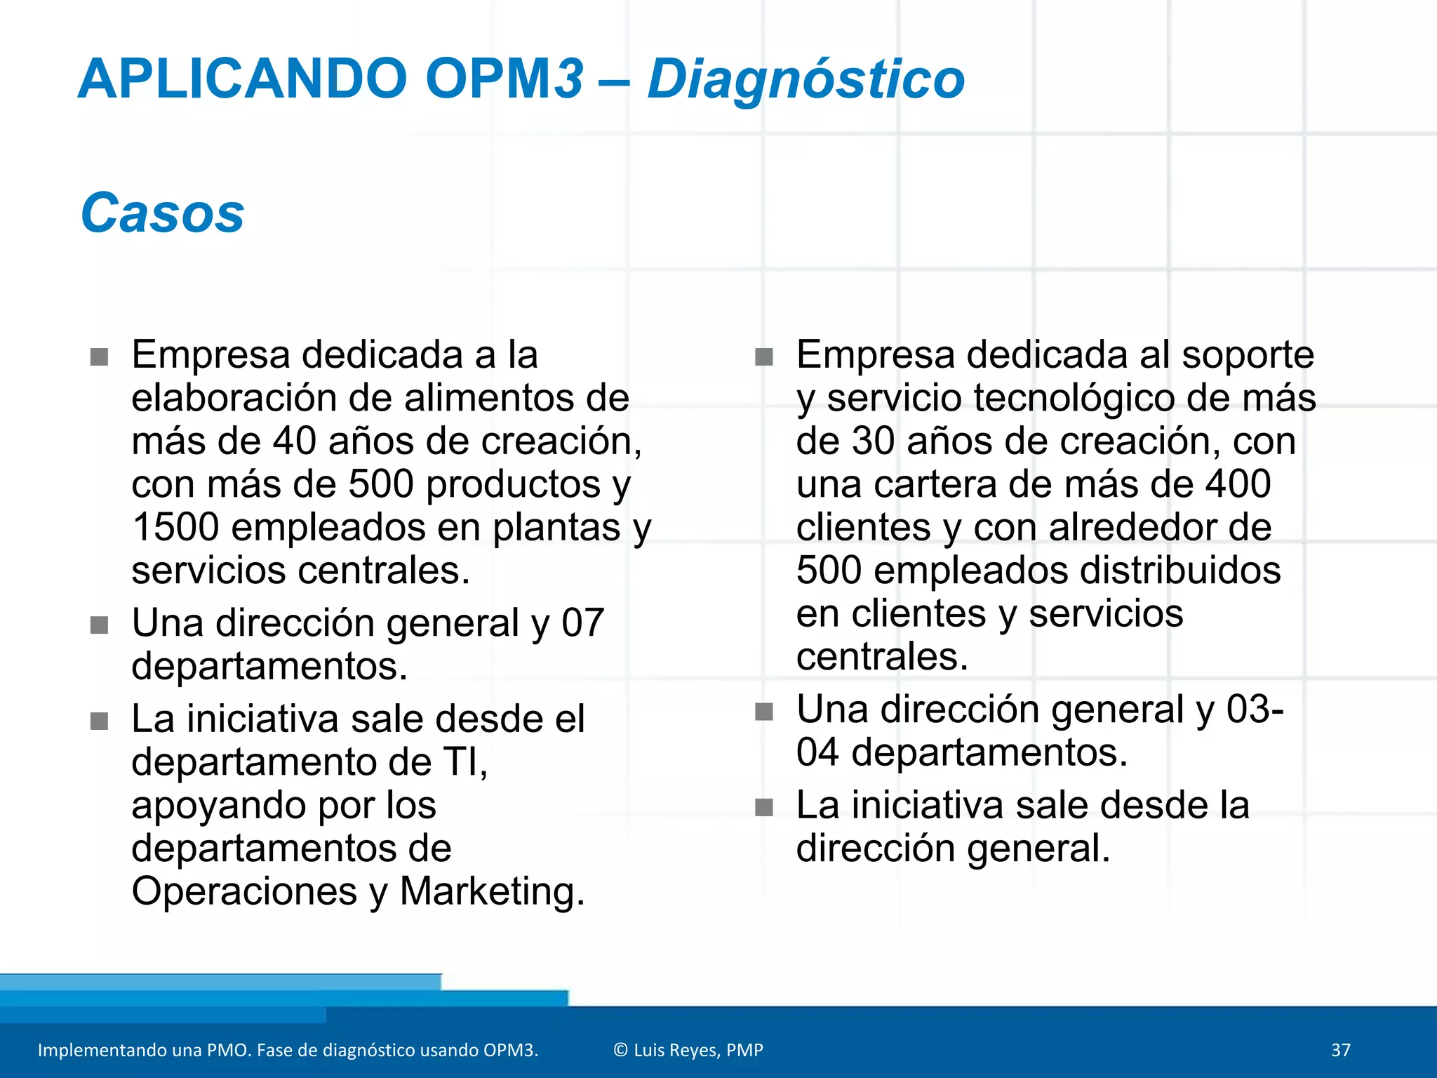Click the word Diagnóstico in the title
[x=806, y=79]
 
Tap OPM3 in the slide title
[x=504, y=79]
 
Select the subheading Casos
[x=162, y=213]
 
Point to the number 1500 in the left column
[x=175, y=527]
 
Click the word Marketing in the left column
[x=491, y=891]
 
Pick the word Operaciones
[x=244, y=891]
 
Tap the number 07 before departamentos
[x=582, y=623]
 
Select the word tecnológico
[x=1074, y=398]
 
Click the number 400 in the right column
[x=1238, y=484]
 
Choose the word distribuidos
[x=1180, y=570]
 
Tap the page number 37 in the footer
[x=1341, y=1050]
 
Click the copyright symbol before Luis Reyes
[x=620, y=1050]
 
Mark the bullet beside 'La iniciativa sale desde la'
[x=763, y=808]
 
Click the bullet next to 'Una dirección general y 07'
[x=99, y=625]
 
